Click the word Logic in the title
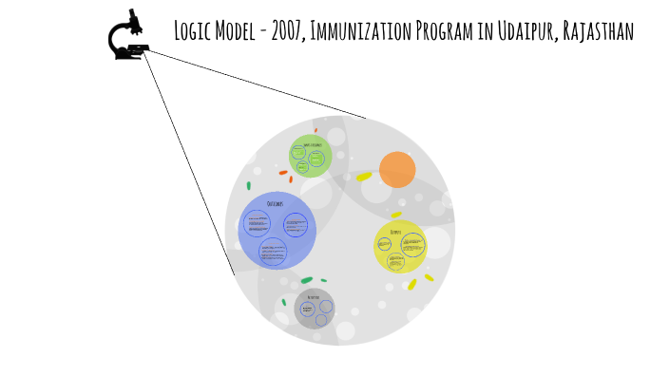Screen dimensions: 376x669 point(195,31)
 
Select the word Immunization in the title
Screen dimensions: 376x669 point(361,31)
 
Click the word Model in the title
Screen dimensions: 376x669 point(238,31)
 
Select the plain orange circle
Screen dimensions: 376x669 point(397,169)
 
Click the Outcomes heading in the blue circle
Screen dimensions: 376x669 point(276,204)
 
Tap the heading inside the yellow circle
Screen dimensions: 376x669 point(395,231)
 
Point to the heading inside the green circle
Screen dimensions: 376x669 point(313,144)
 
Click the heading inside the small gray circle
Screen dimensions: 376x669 point(313,297)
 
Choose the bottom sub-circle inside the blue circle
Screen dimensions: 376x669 point(273,250)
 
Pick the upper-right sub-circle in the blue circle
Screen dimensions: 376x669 point(296,225)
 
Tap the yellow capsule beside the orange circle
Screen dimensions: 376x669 point(364,177)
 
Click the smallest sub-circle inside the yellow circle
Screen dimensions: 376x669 point(384,244)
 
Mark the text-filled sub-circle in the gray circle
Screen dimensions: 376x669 point(308,309)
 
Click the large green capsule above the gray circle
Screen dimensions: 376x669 point(307,280)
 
